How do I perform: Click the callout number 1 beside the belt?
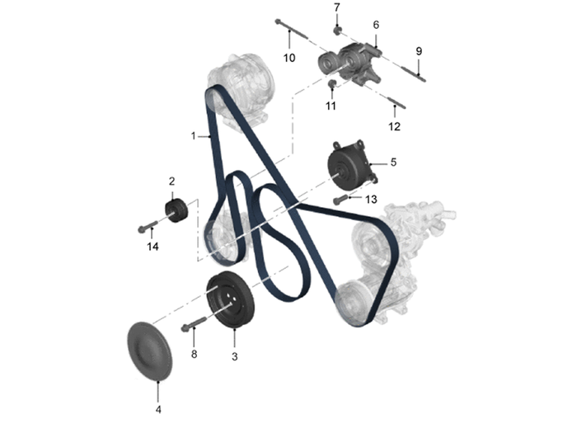click(x=193, y=136)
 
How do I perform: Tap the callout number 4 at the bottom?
click(x=158, y=409)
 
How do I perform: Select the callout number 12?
click(x=394, y=127)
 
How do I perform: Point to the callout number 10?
click(x=289, y=58)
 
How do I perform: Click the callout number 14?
click(x=152, y=247)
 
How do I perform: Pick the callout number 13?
click(x=371, y=200)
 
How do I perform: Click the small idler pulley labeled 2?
click(x=176, y=210)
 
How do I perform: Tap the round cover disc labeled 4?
click(x=149, y=351)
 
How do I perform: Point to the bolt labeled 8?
click(x=195, y=323)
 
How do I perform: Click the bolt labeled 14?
click(x=148, y=226)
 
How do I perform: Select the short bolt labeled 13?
click(x=340, y=200)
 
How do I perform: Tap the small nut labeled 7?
click(x=337, y=30)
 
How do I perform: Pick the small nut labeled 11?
click(x=332, y=82)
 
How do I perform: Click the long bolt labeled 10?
click(x=291, y=29)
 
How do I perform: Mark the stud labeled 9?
click(x=413, y=73)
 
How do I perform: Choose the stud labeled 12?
click(x=395, y=101)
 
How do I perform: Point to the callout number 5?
click(x=393, y=162)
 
